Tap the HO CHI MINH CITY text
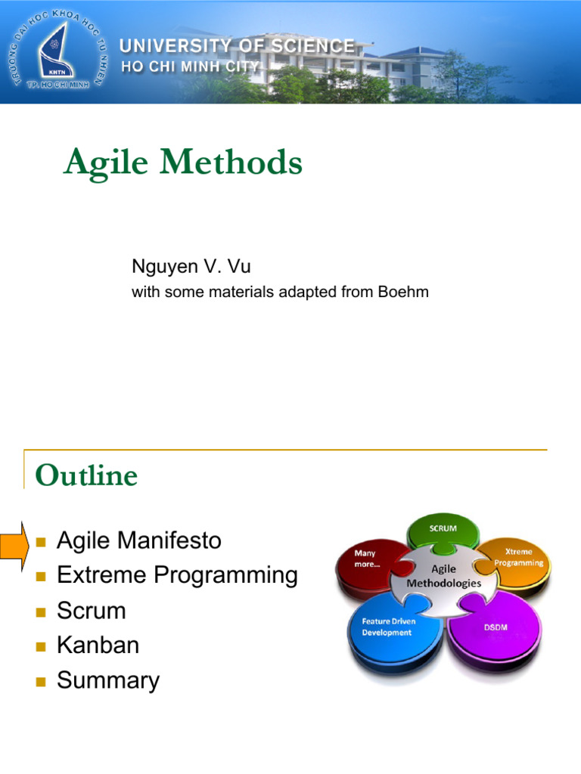click(x=191, y=67)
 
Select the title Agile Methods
click(x=182, y=163)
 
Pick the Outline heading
click(x=86, y=476)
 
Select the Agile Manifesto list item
click(x=139, y=541)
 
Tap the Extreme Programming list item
click(x=177, y=576)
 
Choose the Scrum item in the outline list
click(x=91, y=611)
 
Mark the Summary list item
click(x=108, y=680)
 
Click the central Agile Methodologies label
click(x=443, y=577)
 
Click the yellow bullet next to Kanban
click(x=41, y=646)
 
